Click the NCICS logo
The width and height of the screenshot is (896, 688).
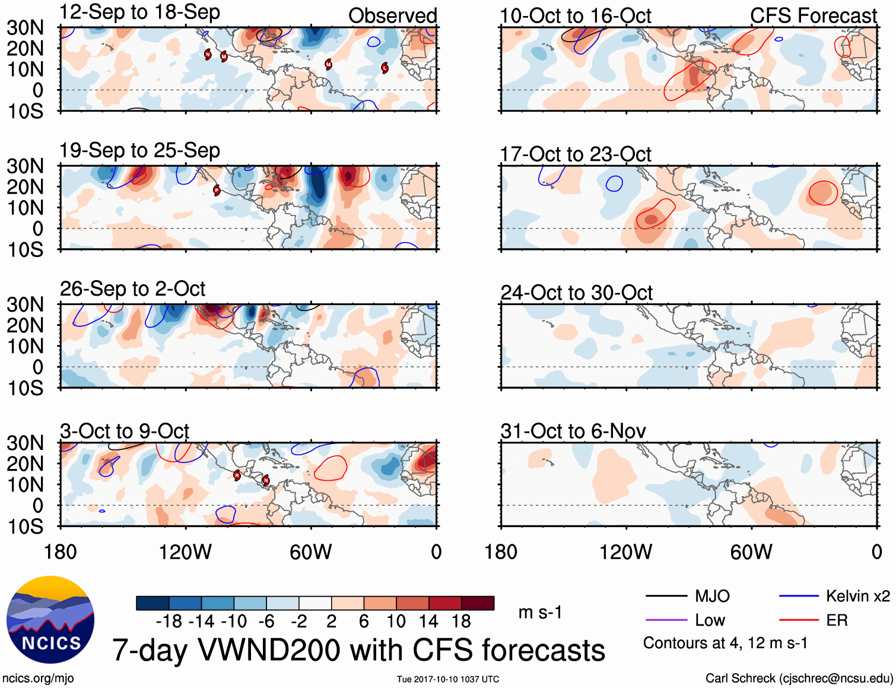(50, 620)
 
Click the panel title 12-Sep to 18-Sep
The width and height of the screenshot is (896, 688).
(139, 12)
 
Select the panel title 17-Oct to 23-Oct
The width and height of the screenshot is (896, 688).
(576, 154)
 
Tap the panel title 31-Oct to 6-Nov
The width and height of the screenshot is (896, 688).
(573, 431)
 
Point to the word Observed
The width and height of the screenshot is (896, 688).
(392, 16)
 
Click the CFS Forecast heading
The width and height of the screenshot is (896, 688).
(813, 16)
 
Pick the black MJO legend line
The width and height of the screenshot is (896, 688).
(666, 596)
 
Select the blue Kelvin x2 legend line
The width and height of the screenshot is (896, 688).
(799, 596)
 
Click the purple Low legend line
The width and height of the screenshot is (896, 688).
(666, 620)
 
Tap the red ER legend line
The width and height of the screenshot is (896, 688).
(799, 620)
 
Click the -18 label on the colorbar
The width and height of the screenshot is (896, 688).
(169, 622)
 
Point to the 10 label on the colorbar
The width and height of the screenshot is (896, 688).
(396, 622)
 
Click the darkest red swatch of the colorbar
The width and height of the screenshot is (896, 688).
(478, 603)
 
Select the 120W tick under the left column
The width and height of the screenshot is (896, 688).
(185, 552)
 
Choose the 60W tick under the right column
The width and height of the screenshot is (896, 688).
(751, 552)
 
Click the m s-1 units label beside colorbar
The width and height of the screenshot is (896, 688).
(540, 612)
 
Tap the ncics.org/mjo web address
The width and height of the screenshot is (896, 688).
(38, 679)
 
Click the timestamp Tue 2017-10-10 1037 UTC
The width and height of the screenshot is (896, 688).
(448, 679)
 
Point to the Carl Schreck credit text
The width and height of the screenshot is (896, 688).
(799, 679)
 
